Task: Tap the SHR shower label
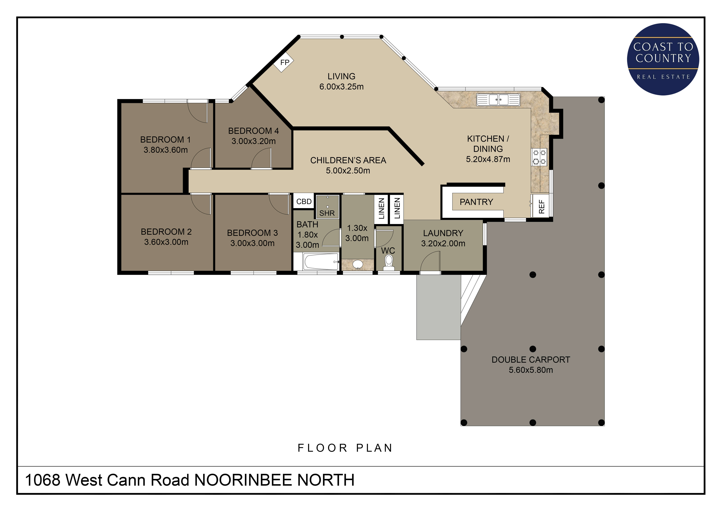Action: click(327, 213)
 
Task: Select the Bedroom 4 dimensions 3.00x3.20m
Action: click(253, 141)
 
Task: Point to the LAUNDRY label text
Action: click(443, 233)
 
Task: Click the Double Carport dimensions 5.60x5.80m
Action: click(531, 370)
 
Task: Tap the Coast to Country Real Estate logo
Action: click(663, 59)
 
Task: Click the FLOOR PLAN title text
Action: click(345, 448)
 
